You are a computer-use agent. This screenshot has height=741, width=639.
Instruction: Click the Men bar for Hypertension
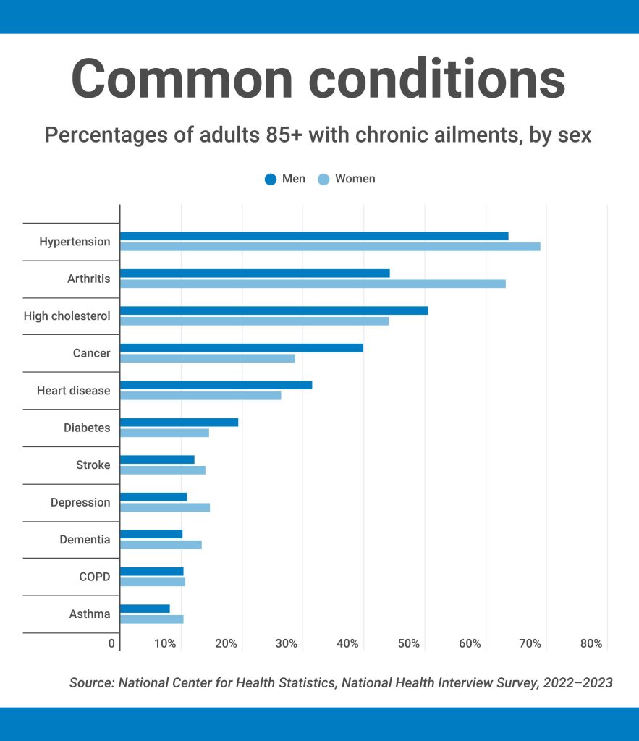point(314,236)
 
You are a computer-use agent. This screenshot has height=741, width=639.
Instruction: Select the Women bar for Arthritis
point(313,284)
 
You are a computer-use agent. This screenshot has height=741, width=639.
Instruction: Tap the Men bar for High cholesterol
point(274,310)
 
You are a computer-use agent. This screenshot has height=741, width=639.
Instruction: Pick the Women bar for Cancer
point(207,358)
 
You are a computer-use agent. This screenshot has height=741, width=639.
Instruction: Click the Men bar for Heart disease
point(216,385)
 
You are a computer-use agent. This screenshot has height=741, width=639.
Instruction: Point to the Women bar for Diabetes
point(164,433)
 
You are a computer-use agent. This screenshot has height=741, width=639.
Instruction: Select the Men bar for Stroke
point(157,460)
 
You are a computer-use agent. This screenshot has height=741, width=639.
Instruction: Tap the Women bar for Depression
point(165,507)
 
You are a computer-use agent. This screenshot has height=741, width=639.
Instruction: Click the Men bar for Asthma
point(145,609)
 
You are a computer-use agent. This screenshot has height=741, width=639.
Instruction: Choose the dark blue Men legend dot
point(271,179)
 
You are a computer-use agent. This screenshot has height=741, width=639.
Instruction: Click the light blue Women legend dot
point(323,179)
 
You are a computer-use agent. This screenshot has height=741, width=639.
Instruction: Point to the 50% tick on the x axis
point(410,643)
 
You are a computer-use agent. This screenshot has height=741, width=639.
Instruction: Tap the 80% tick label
point(591,643)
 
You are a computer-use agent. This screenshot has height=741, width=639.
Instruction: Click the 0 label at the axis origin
point(112,643)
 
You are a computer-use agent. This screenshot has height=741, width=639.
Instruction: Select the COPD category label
point(95,577)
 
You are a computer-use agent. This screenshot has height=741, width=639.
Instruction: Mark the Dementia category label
point(85,539)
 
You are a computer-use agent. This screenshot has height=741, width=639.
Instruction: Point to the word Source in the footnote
point(90,682)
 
